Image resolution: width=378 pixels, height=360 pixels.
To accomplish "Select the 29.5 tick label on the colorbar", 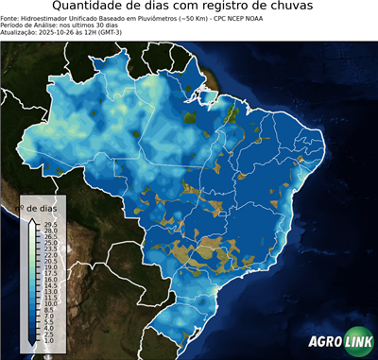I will point(50,224).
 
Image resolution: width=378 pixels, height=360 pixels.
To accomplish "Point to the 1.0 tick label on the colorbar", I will point(48,341).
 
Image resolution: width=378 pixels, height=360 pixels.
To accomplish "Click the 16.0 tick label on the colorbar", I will point(50,280).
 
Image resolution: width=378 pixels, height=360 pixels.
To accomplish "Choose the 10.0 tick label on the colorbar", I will point(50,304).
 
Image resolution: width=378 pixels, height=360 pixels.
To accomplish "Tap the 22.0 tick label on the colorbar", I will point(50,255).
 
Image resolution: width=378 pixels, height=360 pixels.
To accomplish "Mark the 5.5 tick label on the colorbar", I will point(48,322).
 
